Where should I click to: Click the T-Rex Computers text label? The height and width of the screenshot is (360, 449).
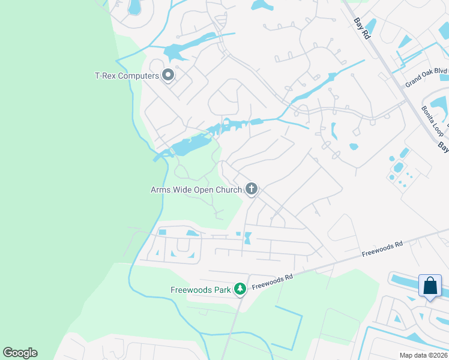pyautogui.click(x=127, y=76)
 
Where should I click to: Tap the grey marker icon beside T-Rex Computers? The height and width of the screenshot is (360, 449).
pyautogui.click(x=168, y=76)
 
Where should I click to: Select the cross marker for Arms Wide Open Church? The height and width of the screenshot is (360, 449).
pyautogui.click(x=252, y=190)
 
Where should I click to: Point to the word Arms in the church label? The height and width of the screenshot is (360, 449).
pyautogui.click(x=160, y=190)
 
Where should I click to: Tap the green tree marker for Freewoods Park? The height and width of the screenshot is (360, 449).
pyautogui.click(x=240, y=290)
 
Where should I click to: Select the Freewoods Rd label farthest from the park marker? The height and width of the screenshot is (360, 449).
pyautogui.click(x=381, y=249)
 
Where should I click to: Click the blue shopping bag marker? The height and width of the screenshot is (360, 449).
pyautogui.click(x=430, y=286)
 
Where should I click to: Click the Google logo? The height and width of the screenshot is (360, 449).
pyautogui.click(x=20, y=353)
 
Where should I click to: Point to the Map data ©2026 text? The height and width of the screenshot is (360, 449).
pyautogui.click(x=423, y=355)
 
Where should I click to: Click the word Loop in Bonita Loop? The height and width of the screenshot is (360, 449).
pyautogui.click(x=435, y=126)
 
